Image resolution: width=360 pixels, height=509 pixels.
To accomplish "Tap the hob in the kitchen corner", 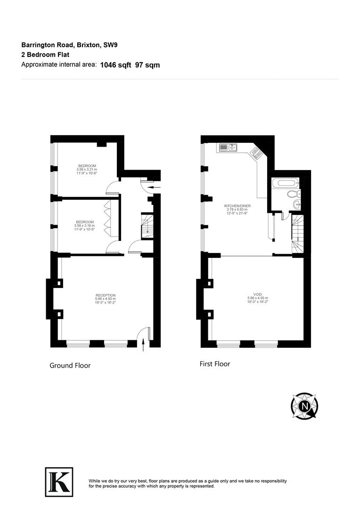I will [256, 153].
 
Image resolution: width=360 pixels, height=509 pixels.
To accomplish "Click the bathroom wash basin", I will [296, 205].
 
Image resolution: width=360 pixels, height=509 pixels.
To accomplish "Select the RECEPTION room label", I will [105, 296].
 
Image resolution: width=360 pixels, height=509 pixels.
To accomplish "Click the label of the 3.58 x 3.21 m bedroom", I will [87, 166].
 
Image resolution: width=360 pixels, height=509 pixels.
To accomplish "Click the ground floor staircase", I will [147, 225].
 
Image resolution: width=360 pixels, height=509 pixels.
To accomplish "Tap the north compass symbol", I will [304, 405].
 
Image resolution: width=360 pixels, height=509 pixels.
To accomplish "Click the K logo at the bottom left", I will [59, 482].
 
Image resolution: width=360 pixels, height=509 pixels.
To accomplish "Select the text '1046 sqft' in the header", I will [115, 65].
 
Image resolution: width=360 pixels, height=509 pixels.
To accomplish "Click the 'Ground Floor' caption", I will [70, 365].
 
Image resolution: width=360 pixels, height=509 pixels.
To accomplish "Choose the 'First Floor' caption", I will [215, 364].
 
